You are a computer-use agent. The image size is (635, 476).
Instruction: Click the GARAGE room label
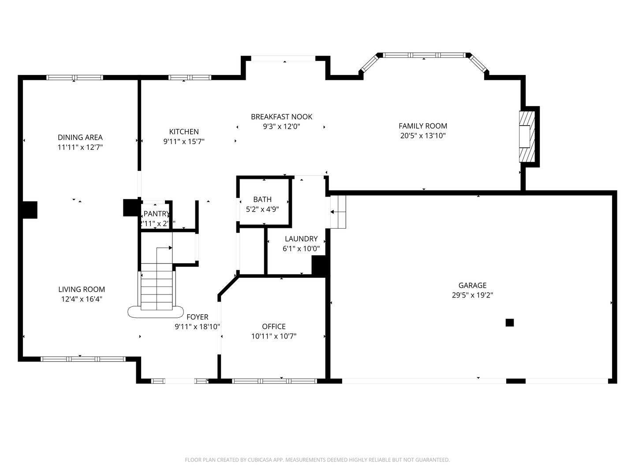pos(472,285)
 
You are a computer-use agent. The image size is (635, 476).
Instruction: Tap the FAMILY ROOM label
pos(423,126)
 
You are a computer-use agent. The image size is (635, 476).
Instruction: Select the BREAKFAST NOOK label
pos(281,117)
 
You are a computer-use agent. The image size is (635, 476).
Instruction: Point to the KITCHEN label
pos(184,132)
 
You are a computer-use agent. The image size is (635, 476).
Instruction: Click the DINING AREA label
pos(80,138)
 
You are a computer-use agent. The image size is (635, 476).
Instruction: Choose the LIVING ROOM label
pos(82,290)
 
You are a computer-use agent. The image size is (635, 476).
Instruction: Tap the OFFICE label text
pos(274,327)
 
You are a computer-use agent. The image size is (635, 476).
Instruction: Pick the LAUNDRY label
pos(301,239)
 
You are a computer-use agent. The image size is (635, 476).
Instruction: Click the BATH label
pos(262,200)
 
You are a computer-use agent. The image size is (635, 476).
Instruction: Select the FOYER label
pos(197,317)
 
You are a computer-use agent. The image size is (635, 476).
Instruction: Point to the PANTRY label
pos(157,214)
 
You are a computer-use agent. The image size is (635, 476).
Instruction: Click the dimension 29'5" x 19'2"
pos(472,295)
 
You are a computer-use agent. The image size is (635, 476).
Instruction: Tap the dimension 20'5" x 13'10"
pos(423,136)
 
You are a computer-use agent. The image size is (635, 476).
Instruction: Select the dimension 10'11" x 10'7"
pos(274,336)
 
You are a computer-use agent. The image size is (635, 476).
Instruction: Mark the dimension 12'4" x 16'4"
pos(82,299)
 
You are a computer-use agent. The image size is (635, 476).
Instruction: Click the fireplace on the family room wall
pos(527,137)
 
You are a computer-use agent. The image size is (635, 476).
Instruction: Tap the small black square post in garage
pos(510,323)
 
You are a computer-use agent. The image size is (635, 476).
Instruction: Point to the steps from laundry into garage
pos(338,212)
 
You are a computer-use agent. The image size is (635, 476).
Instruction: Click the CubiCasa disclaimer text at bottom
pos(317,460)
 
